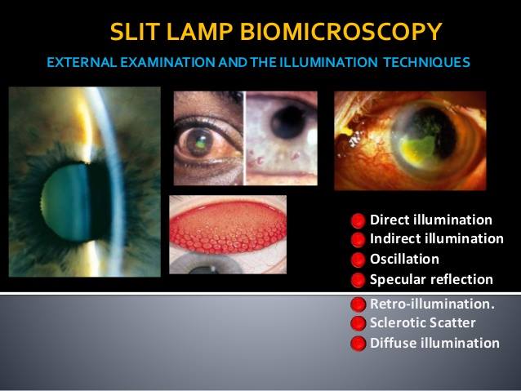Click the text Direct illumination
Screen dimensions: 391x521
(431, 220)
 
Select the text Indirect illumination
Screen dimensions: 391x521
(437, 238)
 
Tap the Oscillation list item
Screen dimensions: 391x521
(404, 259)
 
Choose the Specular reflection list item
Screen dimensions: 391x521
(431, 279)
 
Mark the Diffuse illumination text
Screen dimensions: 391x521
(434, 343)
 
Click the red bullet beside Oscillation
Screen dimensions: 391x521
(358, 260)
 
